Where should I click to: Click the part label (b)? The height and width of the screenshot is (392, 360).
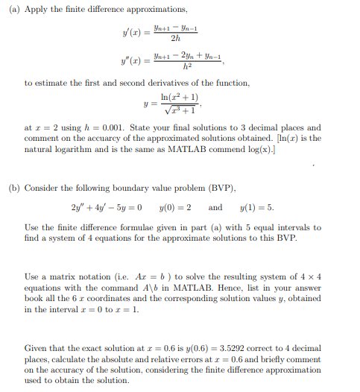click(13, 188)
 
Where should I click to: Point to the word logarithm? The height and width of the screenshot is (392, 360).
click(70, 149)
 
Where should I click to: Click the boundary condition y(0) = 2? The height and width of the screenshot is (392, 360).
click(176, 207)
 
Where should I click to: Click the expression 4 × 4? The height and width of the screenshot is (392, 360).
click(311, 276)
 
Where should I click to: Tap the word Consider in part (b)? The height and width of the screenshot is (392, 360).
click(42, 188)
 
